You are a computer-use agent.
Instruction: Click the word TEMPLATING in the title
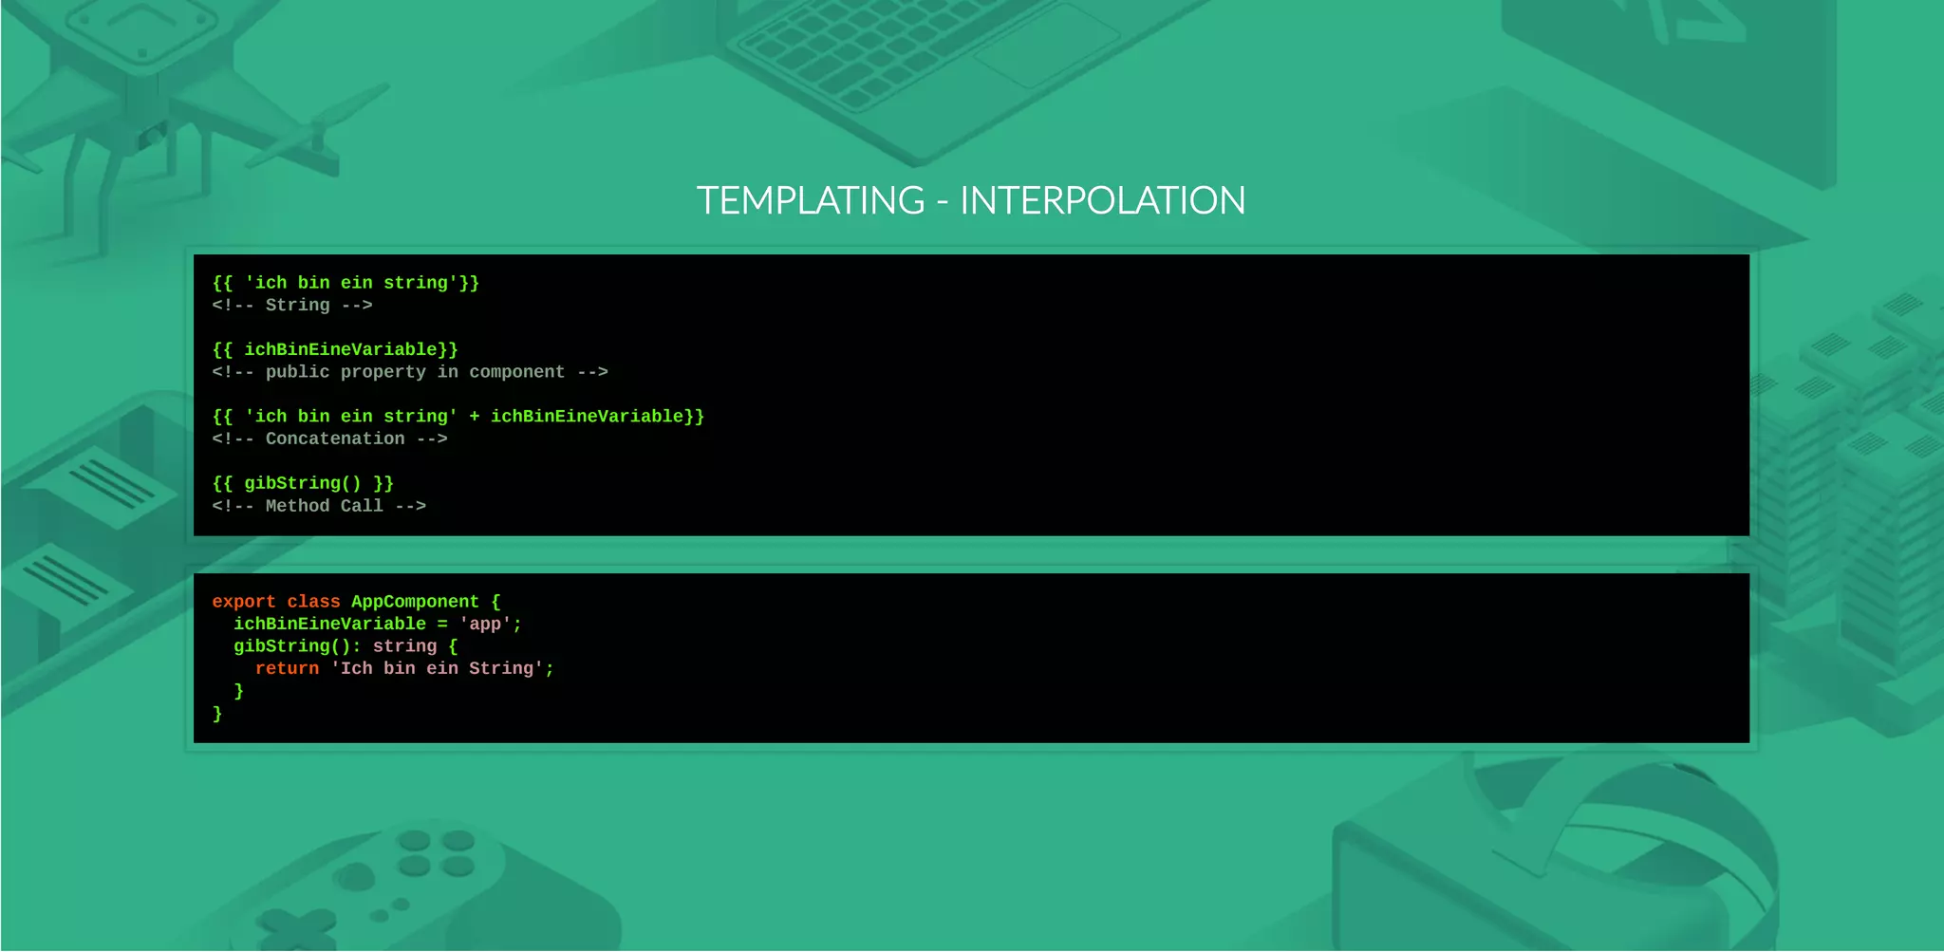(x=811, y=200)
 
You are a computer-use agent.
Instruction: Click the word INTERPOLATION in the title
(x=1102, y=200)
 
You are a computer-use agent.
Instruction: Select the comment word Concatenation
(x=335, y=439)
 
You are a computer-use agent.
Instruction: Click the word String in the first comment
(x=297, y=305)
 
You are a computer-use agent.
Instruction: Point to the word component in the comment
(x=516, y=372)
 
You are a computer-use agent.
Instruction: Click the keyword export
(x=244, y=602)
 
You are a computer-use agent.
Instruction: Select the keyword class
(x=313, y=602)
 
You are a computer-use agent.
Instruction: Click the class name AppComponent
(x=415, y=602)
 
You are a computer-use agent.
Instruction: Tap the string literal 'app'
(x=485, y=624)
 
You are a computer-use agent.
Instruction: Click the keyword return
(x=287, y=668)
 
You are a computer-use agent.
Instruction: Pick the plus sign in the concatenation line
(x=474, y=417)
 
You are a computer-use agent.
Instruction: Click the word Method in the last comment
(x=297, y=506)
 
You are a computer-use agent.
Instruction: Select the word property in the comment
(x=383, y=372)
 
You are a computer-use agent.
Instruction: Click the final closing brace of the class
(x=217, y=713)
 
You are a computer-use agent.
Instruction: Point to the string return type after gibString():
(x=404, y=646)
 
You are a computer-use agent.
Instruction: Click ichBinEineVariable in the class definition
(x=329, y=624)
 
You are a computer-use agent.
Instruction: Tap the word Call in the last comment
(x=362, y=506)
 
